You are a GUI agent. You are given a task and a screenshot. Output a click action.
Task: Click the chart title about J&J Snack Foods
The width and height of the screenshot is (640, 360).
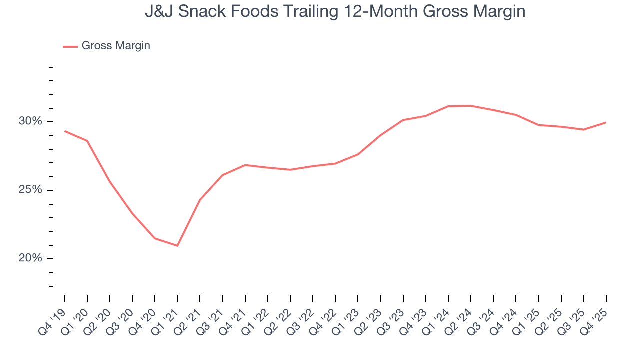[x=335, y=11]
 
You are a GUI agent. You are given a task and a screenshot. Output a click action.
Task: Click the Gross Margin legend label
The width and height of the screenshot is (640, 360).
[x=115, y=46]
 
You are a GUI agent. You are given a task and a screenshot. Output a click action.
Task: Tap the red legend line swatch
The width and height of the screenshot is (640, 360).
[x=70, y=46]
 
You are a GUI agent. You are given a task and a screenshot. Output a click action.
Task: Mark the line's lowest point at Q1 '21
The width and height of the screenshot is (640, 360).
[x=177, y=246]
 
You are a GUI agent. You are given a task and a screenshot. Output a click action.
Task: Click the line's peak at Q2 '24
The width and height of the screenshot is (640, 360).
[x=471, y=106]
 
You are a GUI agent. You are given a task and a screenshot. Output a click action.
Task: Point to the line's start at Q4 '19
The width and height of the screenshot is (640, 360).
[x=65, y=131]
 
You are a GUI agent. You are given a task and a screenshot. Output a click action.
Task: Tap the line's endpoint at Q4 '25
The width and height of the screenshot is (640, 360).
[x=606, y=122]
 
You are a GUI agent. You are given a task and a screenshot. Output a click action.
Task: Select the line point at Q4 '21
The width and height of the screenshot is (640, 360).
[x=245, y=165]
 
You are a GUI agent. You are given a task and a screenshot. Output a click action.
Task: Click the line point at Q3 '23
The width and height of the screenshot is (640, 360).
[x=403, y=120]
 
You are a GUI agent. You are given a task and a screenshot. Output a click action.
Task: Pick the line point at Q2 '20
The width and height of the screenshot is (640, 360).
[x=110, y=181]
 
